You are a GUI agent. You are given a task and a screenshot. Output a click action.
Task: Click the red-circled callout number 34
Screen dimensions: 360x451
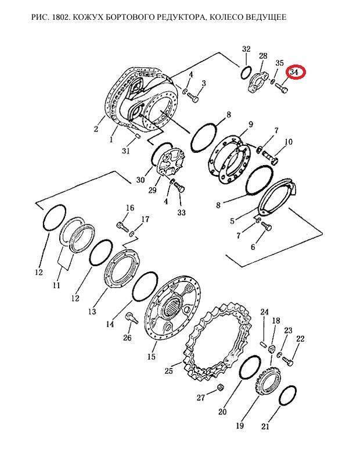pyautogui.click(x=294, y=72)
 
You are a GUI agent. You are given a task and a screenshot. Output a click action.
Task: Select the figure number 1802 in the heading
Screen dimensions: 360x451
pyautogui.click(x=60, y=17)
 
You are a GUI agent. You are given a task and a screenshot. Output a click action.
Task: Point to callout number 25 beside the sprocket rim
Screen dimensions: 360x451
pyautogui.click(x=168, y=370)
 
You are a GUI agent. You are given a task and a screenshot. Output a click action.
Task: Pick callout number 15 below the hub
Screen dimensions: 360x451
pyautogui.click(x=151, y=357)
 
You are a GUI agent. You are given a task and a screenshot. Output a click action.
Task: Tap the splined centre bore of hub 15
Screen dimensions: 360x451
pyautogui.click(x=172, y=307)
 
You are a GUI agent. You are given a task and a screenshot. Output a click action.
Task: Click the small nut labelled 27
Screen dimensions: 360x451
pyautogui.click(x=221, y=387)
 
